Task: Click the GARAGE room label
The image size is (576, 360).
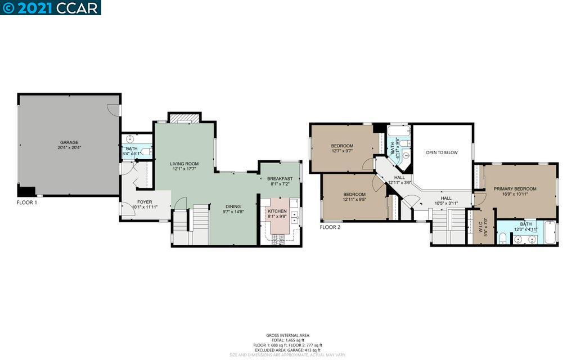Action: [70, 142]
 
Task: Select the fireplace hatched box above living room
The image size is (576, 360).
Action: [184, 118]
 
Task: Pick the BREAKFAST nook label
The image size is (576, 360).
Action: [280, 179]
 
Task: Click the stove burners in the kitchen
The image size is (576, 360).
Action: [278, 240]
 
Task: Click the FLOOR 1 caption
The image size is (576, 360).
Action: [27, 202]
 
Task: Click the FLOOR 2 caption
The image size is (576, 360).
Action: [330, 228]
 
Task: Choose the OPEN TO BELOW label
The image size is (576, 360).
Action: [442, 152]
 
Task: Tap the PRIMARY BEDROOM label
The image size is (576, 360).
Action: [515, 189]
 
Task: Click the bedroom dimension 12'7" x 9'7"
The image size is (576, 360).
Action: [342, 151]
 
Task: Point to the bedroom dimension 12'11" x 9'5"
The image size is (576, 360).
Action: [354, 199]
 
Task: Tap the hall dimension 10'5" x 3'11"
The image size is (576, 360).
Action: [446, 203]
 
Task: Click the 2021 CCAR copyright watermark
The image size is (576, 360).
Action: [51, 7]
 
